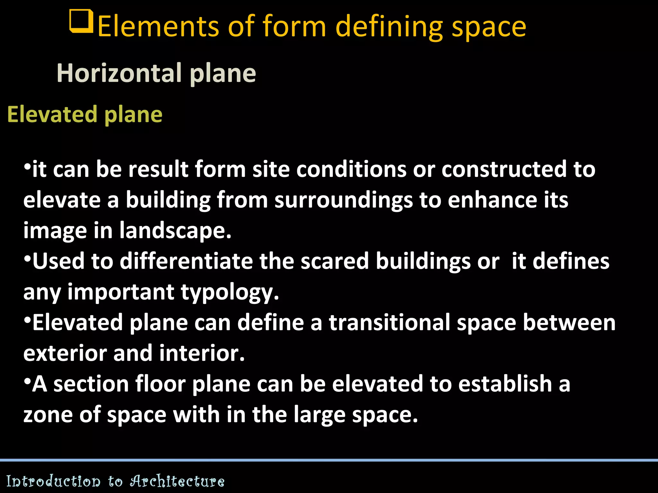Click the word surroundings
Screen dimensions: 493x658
coord(343,200)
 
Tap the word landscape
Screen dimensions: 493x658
coord(175,231)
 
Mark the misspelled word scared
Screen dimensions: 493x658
coord(334,261)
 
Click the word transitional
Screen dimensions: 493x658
coord(389,323)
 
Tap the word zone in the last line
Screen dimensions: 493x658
coord(48,415)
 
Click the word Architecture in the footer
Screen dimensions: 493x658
coord(177,481)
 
